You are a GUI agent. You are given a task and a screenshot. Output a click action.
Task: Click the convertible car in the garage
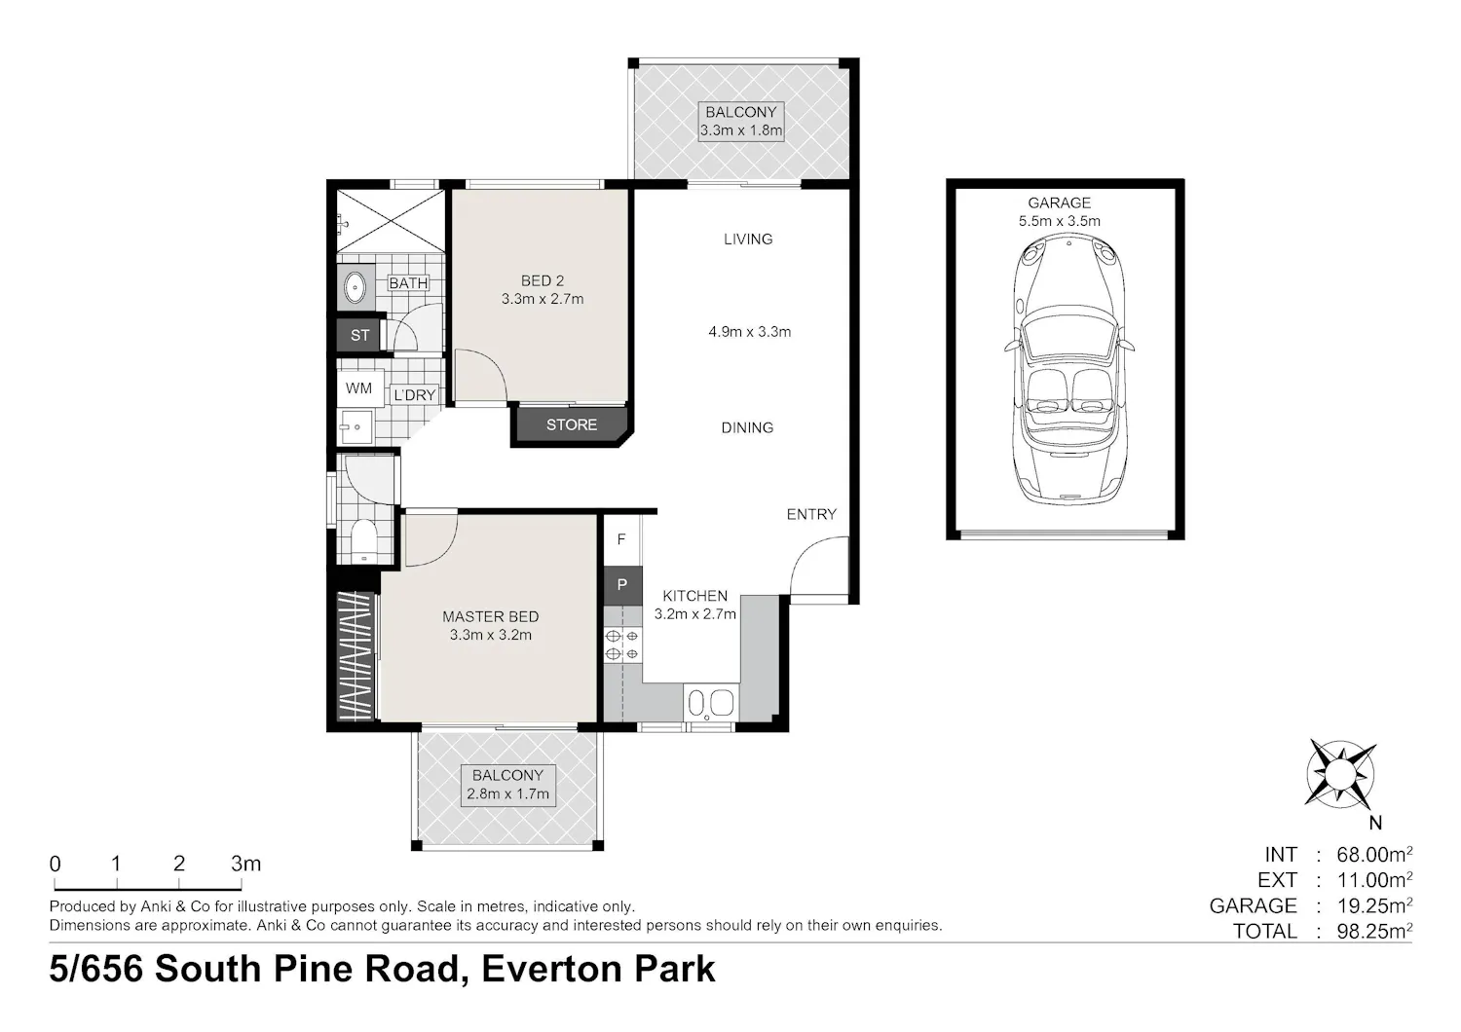[x=1068, y=369]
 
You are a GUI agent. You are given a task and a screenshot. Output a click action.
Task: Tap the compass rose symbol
[x=1341, y=774]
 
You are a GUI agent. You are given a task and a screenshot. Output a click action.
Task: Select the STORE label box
[x=572, y=425]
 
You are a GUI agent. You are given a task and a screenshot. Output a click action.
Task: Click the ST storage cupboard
[x=359, y=335]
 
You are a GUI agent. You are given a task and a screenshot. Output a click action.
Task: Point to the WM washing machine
[x=359, y=388]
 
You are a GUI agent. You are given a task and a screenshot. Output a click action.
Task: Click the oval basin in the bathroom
[x=355, y=287]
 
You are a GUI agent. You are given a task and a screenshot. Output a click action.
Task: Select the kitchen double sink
[x=711, y=703]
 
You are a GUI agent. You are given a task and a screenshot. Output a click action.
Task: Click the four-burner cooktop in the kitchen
[x=622, y=645]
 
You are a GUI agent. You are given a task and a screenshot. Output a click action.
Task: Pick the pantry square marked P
[x=622, y=585]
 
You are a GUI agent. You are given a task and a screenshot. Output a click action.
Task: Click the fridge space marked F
[x=621, y=539]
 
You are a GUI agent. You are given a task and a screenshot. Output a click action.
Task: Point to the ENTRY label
[x=811, y=514]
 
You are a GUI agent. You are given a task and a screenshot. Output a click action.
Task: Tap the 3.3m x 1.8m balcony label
[x=740, y=122]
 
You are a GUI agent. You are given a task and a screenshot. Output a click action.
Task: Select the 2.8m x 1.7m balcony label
[x=508, y=785]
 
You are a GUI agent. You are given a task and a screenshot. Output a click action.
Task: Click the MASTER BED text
[x=491, y=616]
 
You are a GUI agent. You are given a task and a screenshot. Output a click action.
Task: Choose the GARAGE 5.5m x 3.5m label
[x=1060, y=212]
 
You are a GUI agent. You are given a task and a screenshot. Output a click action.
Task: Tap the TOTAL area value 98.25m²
[x=1374, y=931]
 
